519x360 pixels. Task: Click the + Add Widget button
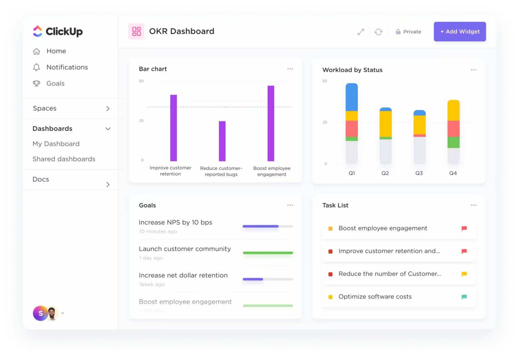(x=460, y=31)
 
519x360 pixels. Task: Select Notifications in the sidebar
(x=67, y=67)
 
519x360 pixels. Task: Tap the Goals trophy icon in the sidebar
(x=36, y=83)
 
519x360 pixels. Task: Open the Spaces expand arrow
(x=108, y=109)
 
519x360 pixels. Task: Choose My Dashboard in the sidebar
(x=56, y=144)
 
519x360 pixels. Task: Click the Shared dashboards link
(x=64, y=159)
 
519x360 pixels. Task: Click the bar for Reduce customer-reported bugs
(x=222, y=141)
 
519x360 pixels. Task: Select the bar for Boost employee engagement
(x=271, y=123)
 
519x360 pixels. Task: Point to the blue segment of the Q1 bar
(x=351, y=97)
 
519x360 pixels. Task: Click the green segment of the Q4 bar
(x=453, y=142)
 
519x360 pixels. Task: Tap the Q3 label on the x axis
(x=419, y=173)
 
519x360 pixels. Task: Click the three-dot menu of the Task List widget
(x=474, y=205)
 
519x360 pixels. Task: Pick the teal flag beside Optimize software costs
(x=464, y=297)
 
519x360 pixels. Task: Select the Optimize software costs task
(x=375, y=297)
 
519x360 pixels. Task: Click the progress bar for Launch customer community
(x=268, y=253)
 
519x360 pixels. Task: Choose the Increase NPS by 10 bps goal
(x=175, y=222)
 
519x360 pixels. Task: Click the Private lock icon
(x=398, y=32)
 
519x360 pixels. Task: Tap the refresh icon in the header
(x=378, y=32)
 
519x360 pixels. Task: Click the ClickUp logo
(x=57, y=31)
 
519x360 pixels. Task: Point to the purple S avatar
(x=40, y=313)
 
